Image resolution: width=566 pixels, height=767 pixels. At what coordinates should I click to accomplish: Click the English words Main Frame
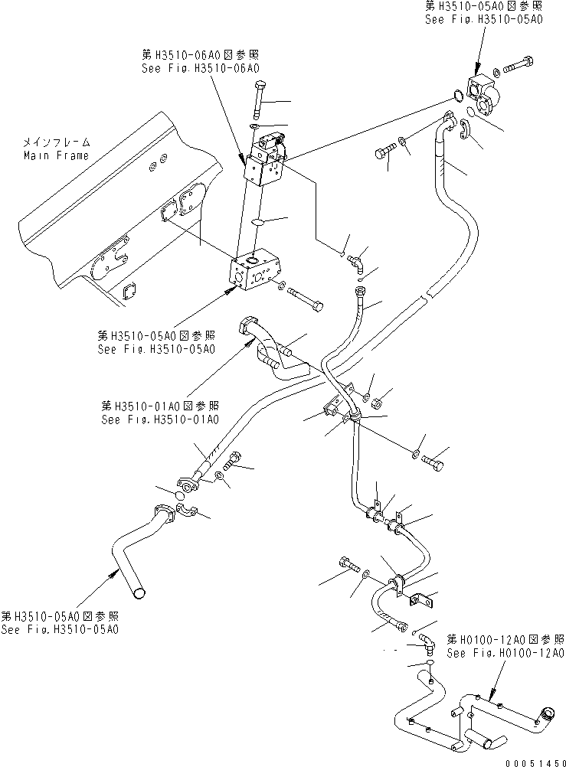pos(55,155)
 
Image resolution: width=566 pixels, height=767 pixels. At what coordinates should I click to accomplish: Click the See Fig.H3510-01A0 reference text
pos(159,419)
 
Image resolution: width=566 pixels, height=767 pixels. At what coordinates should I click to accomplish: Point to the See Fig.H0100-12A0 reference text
pos(505,653)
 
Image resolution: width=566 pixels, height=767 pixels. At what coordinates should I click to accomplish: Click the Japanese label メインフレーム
pos(55,142)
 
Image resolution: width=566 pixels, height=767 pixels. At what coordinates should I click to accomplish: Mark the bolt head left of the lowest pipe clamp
pos(342,568)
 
